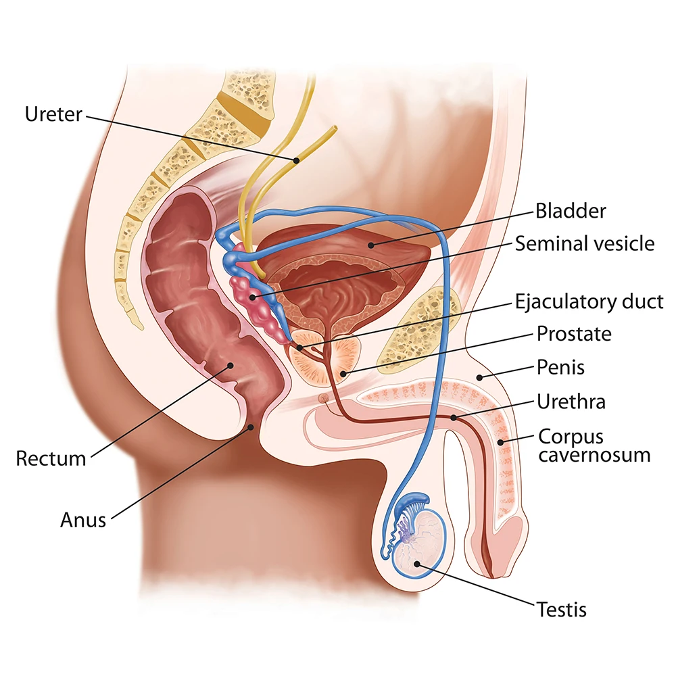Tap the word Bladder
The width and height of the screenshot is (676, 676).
click(x=571, y=211)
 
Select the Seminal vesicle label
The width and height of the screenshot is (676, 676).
click(x=585, y=243)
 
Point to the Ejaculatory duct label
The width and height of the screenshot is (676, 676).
click(x=589, y=301)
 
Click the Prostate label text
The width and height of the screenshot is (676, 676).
click(x=574, y=333)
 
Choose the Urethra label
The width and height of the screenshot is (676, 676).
click(x=571, y=402)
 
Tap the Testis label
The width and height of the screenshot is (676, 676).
click(x=562, y=609)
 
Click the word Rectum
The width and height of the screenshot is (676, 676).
click(x=51, y=459)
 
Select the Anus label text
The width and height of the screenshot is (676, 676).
click(x=83, y=520)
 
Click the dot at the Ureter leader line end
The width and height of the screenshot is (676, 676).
click(x=295, y=160)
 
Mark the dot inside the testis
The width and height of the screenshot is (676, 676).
click(x=416, y=563)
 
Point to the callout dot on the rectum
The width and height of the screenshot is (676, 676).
click(x=231, y=365)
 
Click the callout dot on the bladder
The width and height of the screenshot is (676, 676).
click(x=370, y=242)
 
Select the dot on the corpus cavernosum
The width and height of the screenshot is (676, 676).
click(x=501, y=442)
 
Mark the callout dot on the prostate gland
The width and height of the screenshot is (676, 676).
click(x=343, y=372)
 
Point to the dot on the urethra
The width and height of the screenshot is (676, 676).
click(x=454, y=418)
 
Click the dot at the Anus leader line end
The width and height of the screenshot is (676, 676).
click(x=251, y=426)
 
